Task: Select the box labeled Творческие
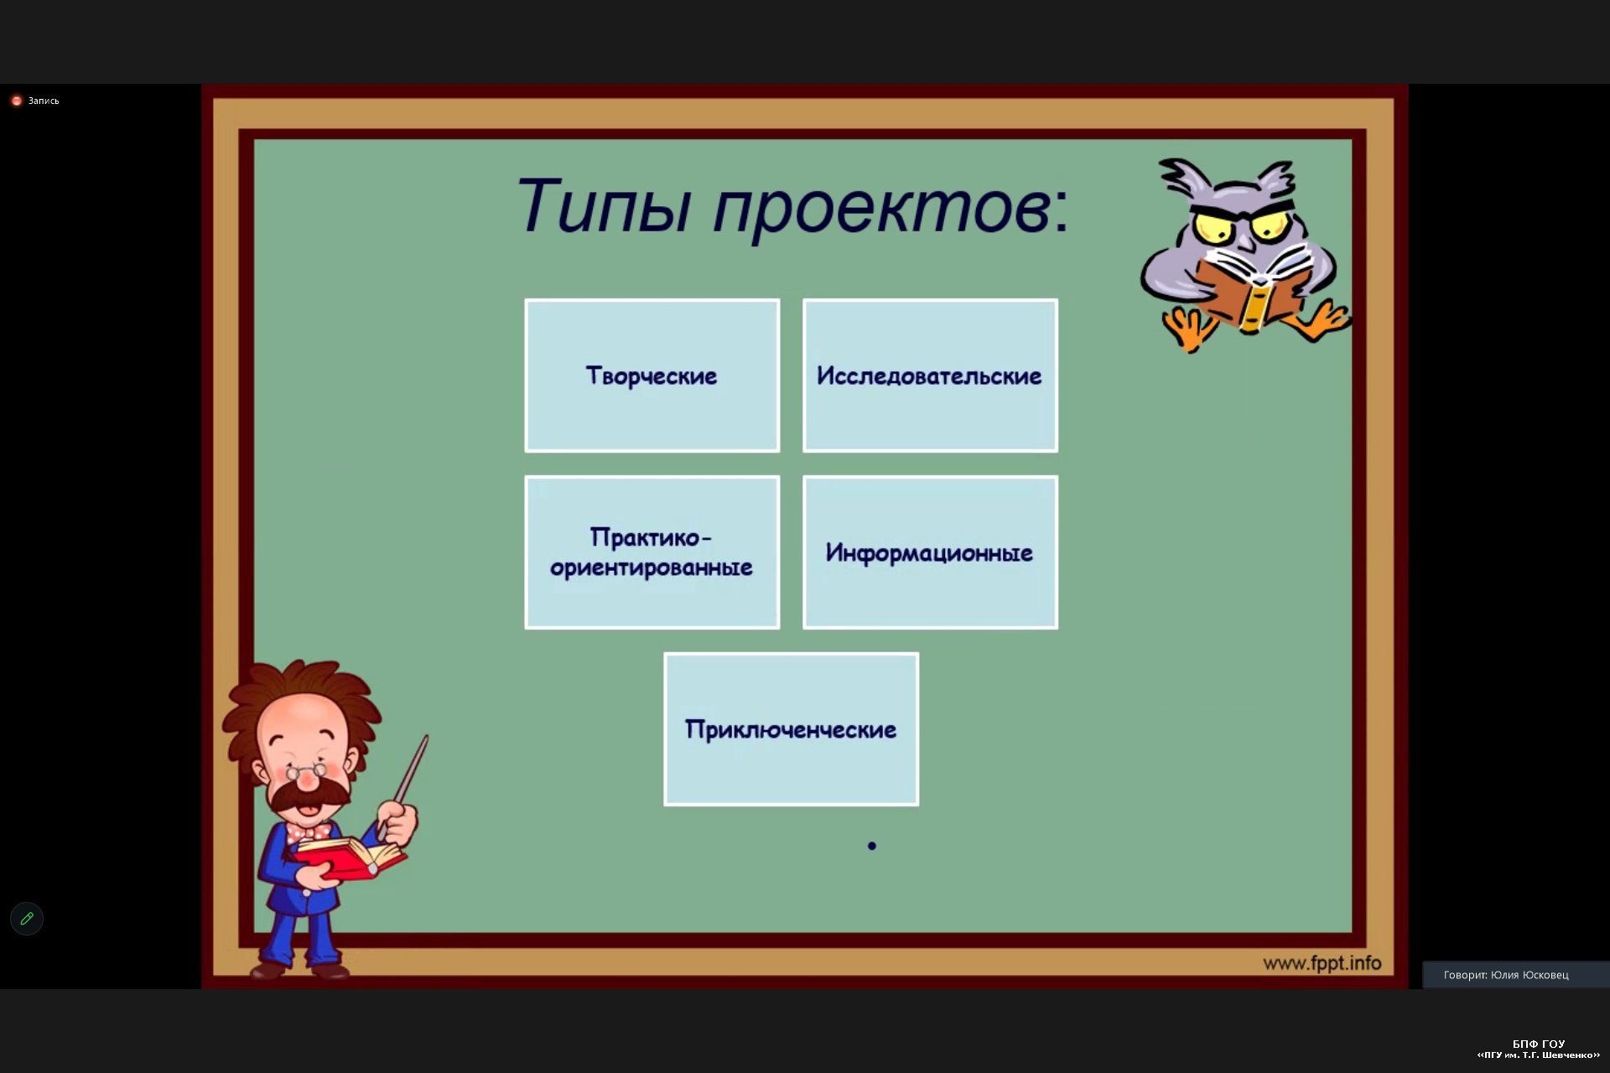point(652,376)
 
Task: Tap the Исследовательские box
point(930,376)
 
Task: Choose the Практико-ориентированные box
point(652,552)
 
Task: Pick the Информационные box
point(930,552)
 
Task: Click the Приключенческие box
point(792,729)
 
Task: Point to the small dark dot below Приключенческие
point(872,846)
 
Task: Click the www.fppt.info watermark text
point(1322,963)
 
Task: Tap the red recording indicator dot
point(16,101)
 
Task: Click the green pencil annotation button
point(27,919)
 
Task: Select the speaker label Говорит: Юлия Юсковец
point(1506,975)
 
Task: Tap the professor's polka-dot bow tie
point(309,832)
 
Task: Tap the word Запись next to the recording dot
point(44,101)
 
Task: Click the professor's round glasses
point(306,770)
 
